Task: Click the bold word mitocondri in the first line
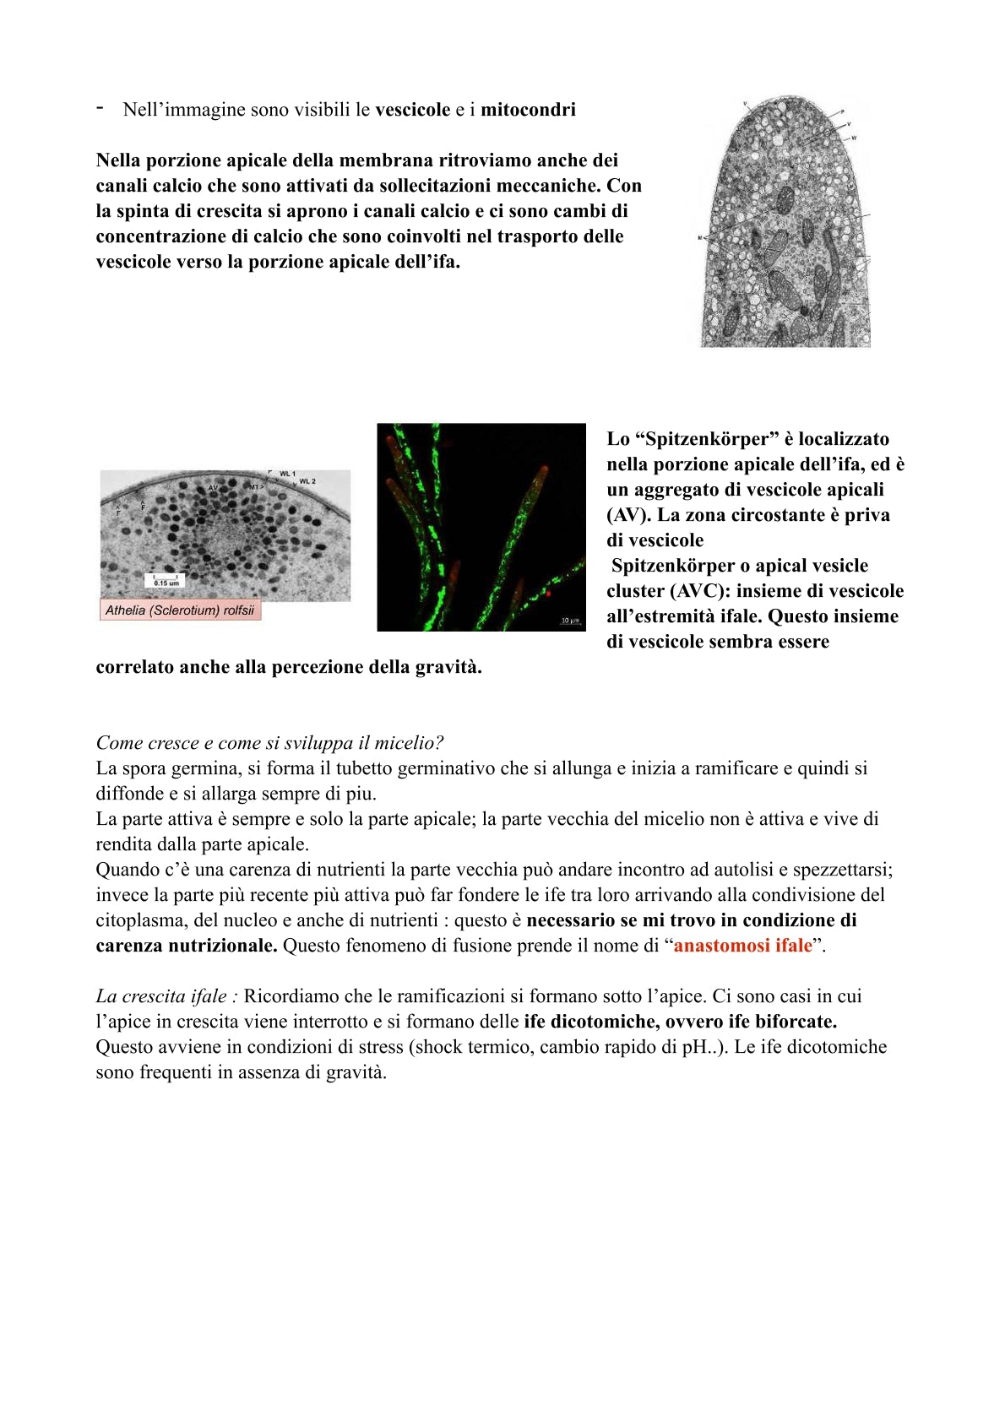tap(528, 110)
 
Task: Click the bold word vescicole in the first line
tap(412, 110)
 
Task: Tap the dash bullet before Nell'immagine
tap(100, 108)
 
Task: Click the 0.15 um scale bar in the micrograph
tap(166, 581)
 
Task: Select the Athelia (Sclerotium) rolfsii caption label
tap(180, 610)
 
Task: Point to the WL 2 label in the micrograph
tap(307, 481)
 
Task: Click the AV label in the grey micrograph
tap(213, 488)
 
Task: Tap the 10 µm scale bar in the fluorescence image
tap(570, 622)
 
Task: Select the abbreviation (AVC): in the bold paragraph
tap(701, 591)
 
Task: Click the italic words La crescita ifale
tap(161, 996)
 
